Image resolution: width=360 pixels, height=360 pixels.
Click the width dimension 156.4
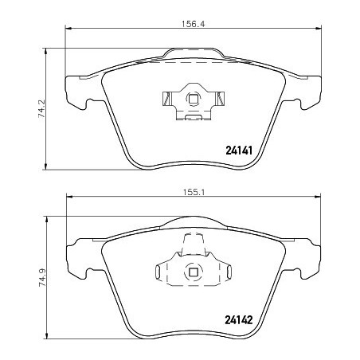tap(194, 24)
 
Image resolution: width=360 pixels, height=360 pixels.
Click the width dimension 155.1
tap(194, 192)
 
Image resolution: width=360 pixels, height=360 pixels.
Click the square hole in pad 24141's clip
tap(192, 100)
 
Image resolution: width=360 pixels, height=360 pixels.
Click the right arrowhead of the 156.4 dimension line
tap(320, 30)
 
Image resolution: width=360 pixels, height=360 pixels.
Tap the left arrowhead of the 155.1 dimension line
tap(68, 198)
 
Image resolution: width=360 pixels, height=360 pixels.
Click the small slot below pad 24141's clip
tap(193, 119)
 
